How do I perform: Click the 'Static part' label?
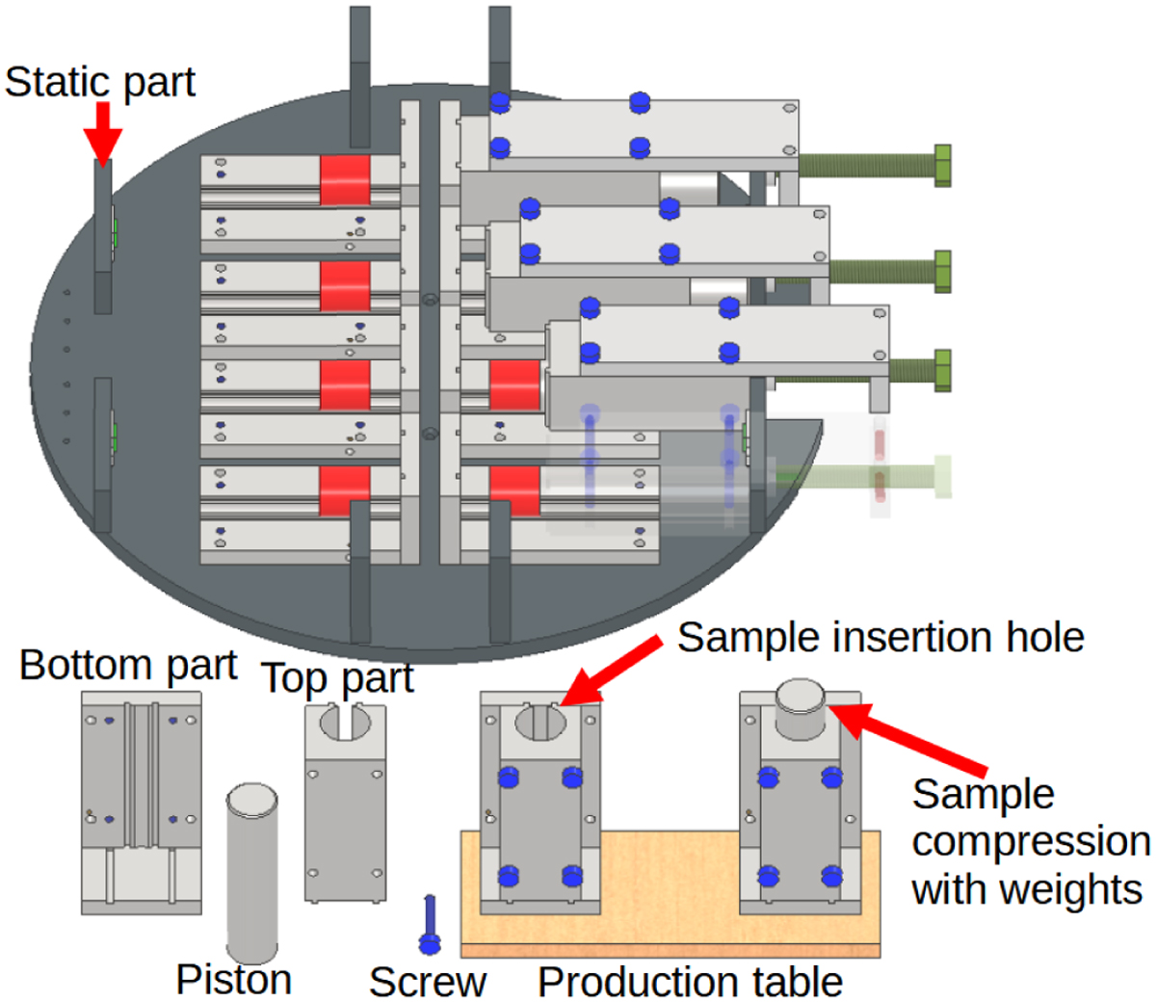click(x=100, y=82)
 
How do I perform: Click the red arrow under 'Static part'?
click(x=103, y=131)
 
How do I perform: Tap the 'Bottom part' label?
click(x=128, y=666)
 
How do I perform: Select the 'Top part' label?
click(x=337, y=679)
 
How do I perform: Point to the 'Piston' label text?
click(x=234, y=979)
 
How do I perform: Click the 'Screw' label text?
click(x=428, y=982)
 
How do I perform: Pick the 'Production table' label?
click(x=690, y=982)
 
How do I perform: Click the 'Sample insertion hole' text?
click(x=880, y=638)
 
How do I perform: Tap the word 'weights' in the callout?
click(x=1027, y=888)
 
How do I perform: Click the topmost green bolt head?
click(x=942, y=165)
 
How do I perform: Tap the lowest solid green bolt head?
click(x=942, y=371)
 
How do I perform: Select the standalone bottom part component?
click(x=142, y=802)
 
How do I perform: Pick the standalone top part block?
click(x=345, y=802)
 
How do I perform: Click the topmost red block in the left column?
click(x=345, y=180)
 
